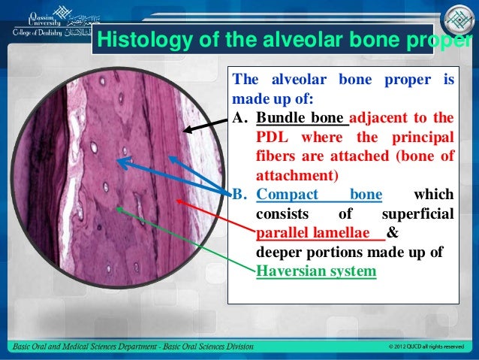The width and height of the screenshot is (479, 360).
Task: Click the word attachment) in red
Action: [297, 176]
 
